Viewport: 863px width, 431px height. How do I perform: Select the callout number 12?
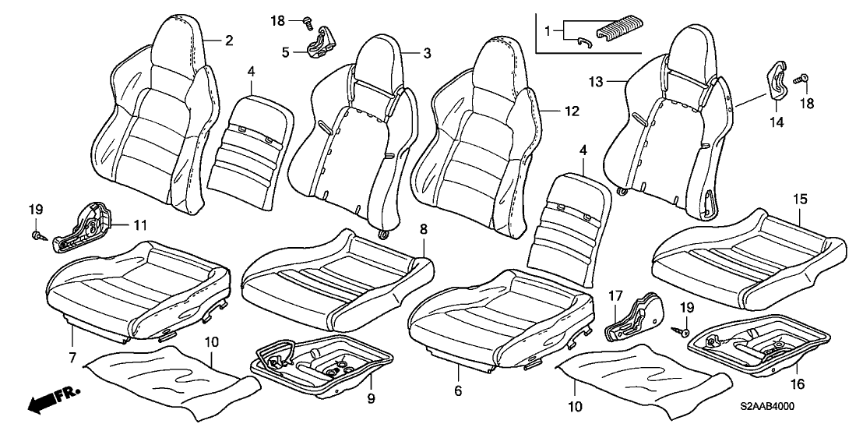[572, 111]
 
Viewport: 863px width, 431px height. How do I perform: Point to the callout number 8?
[423, 229]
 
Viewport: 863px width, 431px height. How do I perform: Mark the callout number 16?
[798, 384]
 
